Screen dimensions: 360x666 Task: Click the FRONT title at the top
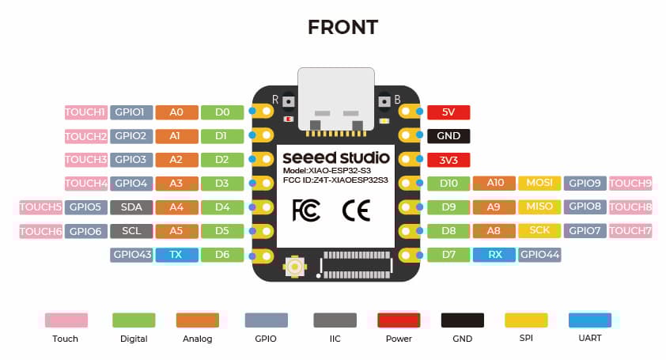(342, 27)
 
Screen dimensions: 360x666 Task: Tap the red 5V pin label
(448, 112)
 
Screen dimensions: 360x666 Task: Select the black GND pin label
(448, 136)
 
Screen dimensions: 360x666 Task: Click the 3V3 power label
(448, 160)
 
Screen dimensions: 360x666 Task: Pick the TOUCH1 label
(85, 112)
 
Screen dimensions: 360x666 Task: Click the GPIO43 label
(131, 255)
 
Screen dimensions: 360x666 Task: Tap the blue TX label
(177, 255)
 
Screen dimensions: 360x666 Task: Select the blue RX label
(494, 255)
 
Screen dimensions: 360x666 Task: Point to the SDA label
(131, 207)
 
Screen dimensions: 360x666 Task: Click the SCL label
(131, 231)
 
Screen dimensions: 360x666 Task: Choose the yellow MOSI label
(540, 184)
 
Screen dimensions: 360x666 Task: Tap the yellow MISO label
(540, 207)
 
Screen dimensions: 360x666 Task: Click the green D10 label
(448, 184)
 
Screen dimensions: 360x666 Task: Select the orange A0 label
(177, 112)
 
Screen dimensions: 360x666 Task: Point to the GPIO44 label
(540, 255)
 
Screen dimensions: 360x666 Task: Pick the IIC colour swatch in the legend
(335, 320)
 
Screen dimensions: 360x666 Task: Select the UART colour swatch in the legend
(590, 320)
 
